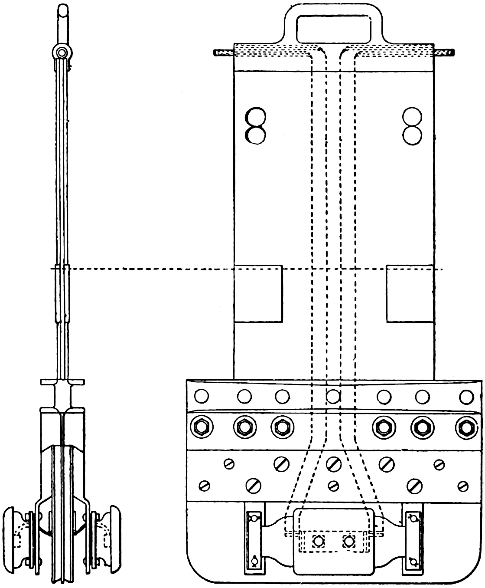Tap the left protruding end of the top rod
pos(223,53)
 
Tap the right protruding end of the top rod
pos(444,53)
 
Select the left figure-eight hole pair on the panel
pos(255,126)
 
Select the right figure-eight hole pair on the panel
pos(411,126)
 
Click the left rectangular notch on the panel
pos(258,294)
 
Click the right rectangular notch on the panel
pos(410,294)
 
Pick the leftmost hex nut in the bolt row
pos(201,428)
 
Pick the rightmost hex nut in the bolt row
pos(466,428)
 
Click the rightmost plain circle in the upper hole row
pos(466,396)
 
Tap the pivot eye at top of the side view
pos(62,52)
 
